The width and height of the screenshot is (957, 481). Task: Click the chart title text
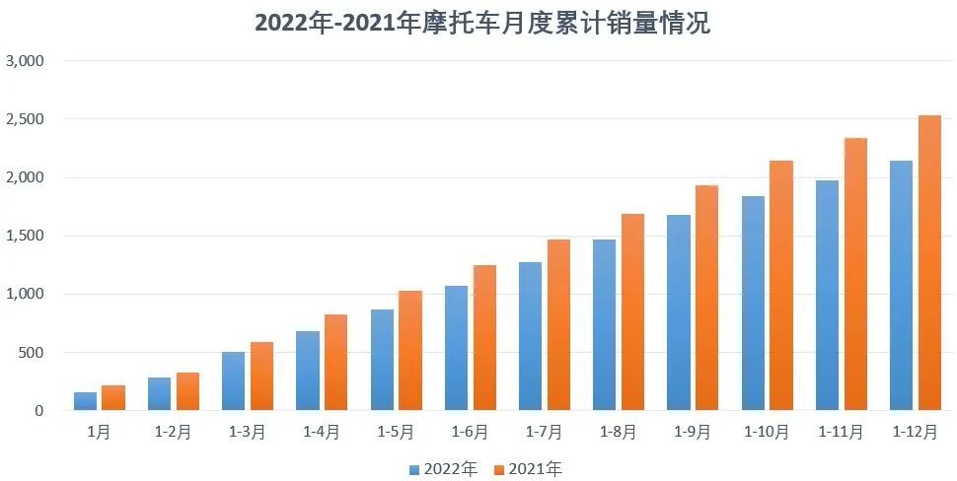tap(482, 23)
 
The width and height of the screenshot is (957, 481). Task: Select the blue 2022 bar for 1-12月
tap(901, 286)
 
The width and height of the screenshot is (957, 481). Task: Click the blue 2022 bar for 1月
tap(85, 401)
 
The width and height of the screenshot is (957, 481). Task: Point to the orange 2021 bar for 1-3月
tap(261, 377)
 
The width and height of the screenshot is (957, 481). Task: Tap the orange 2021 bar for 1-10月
tap(781, 286)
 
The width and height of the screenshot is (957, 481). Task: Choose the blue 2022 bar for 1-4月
tap(308, 371)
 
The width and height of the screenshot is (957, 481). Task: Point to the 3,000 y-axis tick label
tap(26, 61)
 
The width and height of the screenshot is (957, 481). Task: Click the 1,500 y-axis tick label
tap(26, 236)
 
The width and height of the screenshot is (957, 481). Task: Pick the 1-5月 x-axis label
tap(396, 432)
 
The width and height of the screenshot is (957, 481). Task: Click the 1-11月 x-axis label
tap(841, 432)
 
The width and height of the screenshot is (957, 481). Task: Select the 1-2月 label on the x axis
tap(173, 432)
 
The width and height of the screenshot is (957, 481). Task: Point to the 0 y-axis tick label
tap(39, 410)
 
